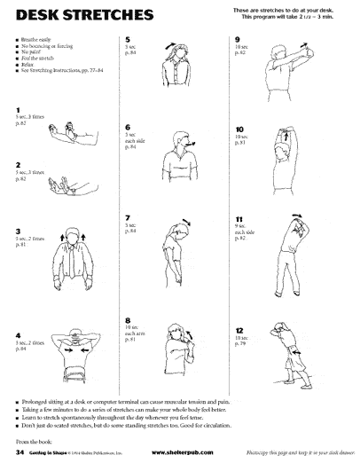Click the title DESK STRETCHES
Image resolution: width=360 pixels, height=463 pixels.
(x=66, y=16)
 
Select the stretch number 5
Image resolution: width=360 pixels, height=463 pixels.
(x=129, y=40)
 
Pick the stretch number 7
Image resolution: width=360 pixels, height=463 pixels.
(x=129, y=217)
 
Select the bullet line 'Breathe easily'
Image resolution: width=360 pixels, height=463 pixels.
(x=35, y=40)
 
